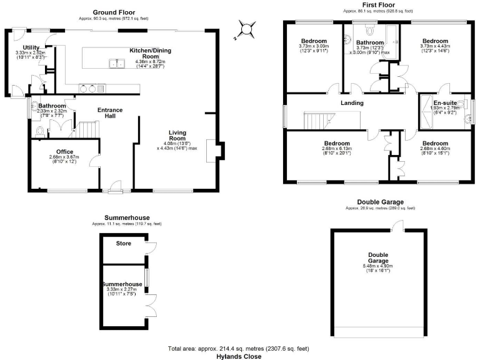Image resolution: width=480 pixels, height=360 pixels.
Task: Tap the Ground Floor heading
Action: coord(114,12)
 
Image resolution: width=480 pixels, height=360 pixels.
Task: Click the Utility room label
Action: coord(31,47)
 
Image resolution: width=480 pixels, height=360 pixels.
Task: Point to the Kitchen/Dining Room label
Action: coord(151,53)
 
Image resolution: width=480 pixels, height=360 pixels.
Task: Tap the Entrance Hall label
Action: coord(109,114)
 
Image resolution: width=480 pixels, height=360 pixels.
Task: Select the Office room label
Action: coord(65,152)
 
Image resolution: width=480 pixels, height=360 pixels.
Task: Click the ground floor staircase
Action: coord(89,129)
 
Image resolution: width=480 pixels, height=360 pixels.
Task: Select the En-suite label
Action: coord(445,102)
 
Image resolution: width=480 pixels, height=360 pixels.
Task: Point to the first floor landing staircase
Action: coord(322,119)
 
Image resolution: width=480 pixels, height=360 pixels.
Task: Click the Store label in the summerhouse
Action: coord(123,243)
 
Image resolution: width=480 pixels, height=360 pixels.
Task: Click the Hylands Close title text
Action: coord(239,356)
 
